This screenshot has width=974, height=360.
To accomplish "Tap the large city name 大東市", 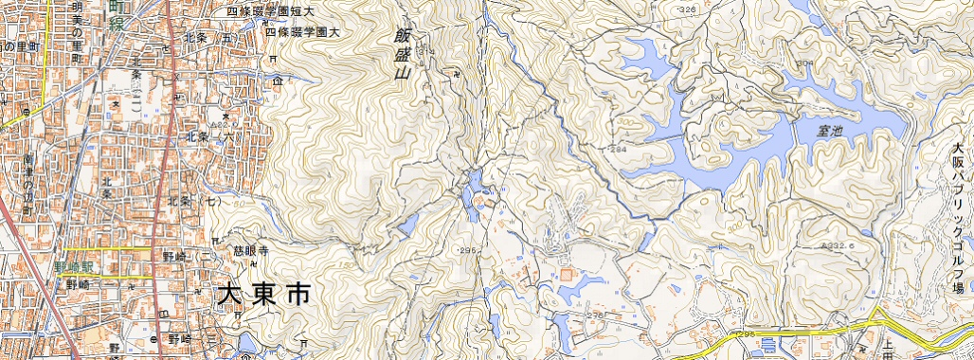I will pyautogui.click(x=263, y=295).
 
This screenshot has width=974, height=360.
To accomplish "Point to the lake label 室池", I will pyautogui.click(x=830, y=132).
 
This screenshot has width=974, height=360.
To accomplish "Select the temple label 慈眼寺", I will pyautogui.click(x=251, y=252).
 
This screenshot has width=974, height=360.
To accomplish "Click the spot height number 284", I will pyautogui.click(x=620, y=150).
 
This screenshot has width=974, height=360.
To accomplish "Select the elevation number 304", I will pyautogui.click(x=805, y=63).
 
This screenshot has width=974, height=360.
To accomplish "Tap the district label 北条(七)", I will pyautogui.click(x=193, y=202).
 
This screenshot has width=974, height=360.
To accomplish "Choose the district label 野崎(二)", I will pyautogui.click(x=186, y=257).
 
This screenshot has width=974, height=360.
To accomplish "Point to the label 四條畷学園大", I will pyautogui.click(x=302, y=31).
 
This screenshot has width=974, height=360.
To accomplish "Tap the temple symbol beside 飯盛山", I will pyautogui.click(x=457, y=71).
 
